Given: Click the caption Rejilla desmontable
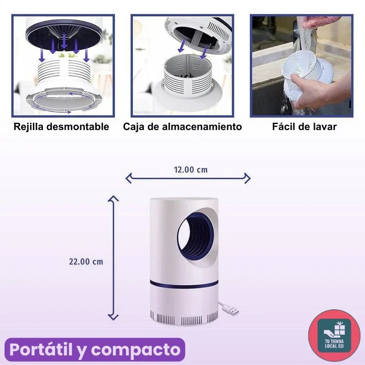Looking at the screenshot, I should click(x=61, y=127).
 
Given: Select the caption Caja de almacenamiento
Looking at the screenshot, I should click(x=182, y=127).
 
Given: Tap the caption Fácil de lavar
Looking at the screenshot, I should click(x=304, y=127).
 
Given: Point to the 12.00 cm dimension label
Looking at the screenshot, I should click(x=190, y=170).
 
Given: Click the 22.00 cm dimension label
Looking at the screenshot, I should click(x=86, y=261).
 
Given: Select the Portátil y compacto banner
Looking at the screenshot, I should click(x=94, y=350).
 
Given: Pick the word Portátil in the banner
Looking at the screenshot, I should click(x=42, y=350).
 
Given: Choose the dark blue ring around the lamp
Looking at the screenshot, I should click(x=183, y=284).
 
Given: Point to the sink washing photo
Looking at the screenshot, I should click(x=302, y=66).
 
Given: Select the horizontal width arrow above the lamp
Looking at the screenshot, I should click(x=188, y=178).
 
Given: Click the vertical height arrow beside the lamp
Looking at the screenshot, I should click(x=113, y=258).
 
